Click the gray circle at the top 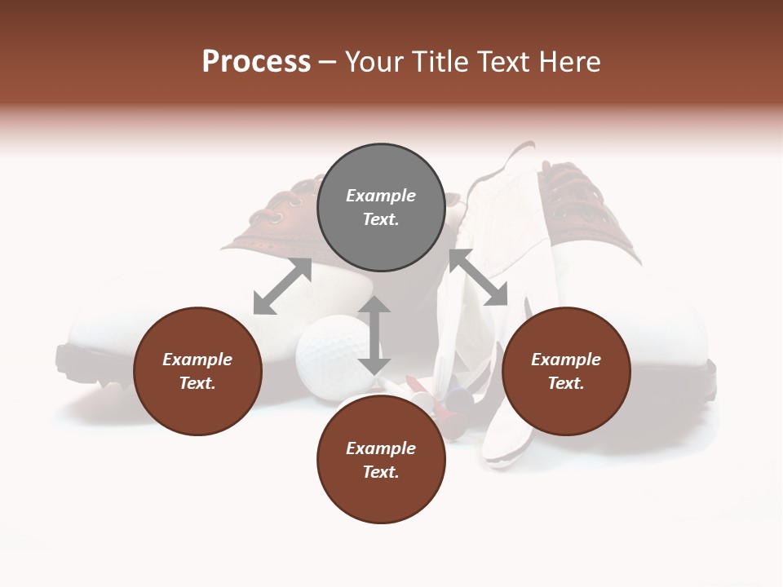381,208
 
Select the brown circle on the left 197,372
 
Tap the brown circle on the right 566,372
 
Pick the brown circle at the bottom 381,461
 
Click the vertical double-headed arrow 374,335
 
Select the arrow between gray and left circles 282,286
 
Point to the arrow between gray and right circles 479,278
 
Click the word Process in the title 256,62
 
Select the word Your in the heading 374,62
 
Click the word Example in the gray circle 381,196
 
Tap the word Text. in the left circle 197,383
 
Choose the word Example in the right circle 566,360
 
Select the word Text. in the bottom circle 381,472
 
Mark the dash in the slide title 327,63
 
